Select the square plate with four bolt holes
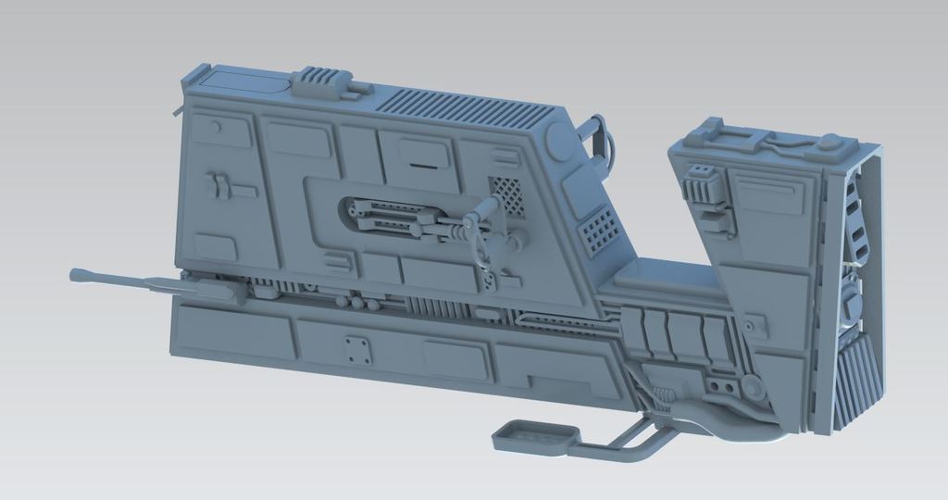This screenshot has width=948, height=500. point(355,350)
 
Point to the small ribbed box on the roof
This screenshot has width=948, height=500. point(321,81)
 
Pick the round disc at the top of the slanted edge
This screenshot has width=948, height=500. point(561,142)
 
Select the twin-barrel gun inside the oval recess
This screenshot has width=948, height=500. point(407,222)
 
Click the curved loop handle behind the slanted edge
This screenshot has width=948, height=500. point(599,139)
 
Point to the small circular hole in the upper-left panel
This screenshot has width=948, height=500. point(215,126)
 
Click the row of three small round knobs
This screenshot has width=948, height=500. point(357,303)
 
